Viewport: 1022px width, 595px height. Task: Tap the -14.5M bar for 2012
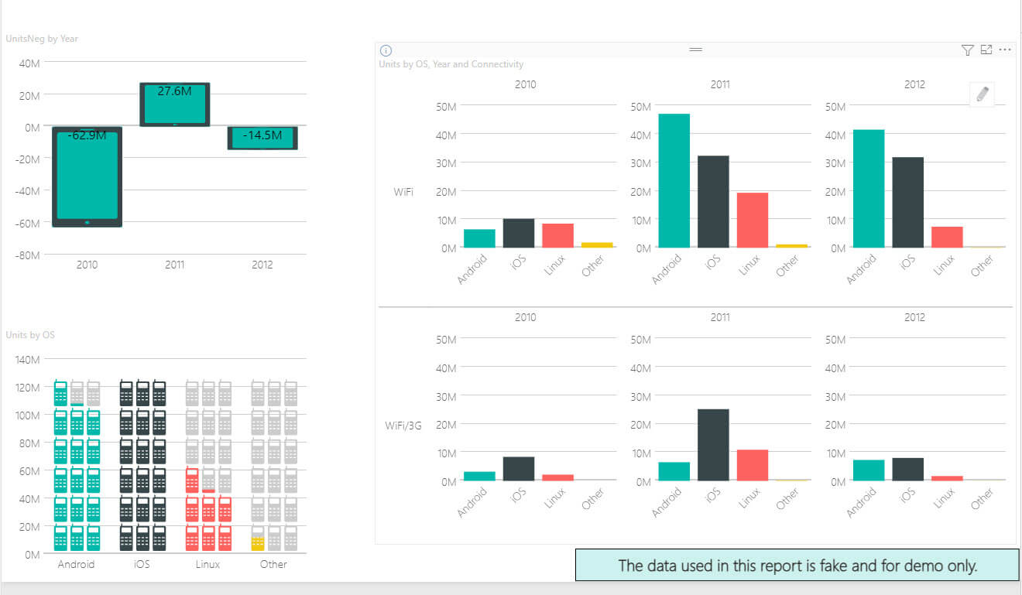pyautogui.click(x=262, y=138)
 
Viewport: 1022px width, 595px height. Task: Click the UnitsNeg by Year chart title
pyautogui.click(x=42, y=39)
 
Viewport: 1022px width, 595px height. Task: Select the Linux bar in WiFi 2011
pyautogui.click(x=752, y=220)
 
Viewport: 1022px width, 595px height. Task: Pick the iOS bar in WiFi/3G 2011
pyautogui.click(x=713, y=444)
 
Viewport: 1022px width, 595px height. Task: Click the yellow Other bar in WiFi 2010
pyautogui.click(x=597, y=244)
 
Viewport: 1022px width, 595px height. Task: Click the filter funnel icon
pyautogui.click(x=967, y=50)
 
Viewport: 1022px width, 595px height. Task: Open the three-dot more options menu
pyautogui.click(x=1005, y=50)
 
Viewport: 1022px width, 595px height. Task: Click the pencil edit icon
pyautogui.click(x=983, y=95)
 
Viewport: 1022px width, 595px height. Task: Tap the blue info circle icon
pyautogui.click(x=386, y=50)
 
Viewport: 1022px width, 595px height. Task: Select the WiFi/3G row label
pyautogui.click(x=403, y=425)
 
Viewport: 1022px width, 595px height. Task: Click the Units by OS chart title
pyautogui.click(x=30, y=335)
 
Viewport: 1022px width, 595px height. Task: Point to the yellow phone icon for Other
pyautogui.click(x=258, y=542)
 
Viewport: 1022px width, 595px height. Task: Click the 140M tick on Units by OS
pyautogui.click(x=27, y=360)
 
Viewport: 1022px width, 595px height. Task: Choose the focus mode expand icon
pyautogui.click(x=986, y=50)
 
